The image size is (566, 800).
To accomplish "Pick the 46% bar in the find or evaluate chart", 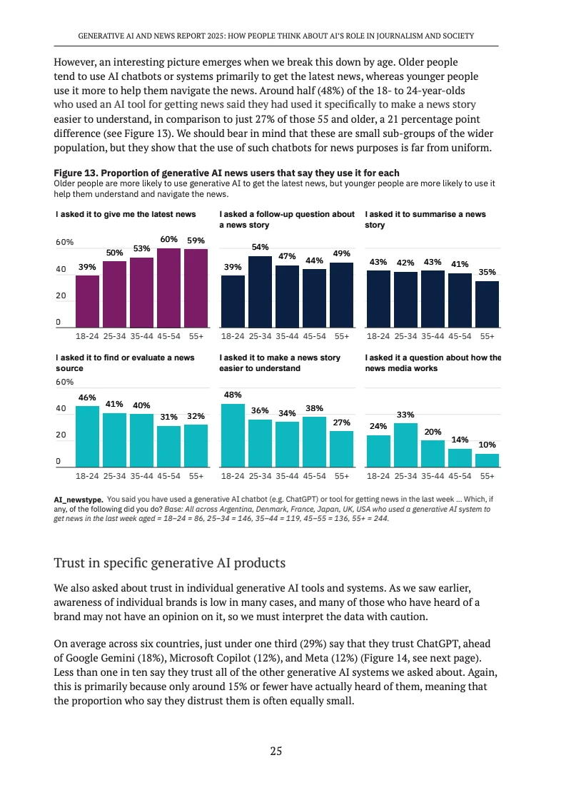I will [87, 436].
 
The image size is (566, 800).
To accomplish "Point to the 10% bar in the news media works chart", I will [487, 460].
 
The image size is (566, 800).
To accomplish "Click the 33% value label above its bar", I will [406, 414].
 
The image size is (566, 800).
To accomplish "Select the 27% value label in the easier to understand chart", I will [342, 422].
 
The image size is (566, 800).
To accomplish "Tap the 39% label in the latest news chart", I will [87, 266].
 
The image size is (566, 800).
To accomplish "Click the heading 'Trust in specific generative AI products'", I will [170, 563].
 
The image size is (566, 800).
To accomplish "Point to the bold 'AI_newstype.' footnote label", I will [79, 500].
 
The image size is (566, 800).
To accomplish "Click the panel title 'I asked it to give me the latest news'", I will [126, 214].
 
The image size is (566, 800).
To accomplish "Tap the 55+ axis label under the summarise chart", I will [487, 335].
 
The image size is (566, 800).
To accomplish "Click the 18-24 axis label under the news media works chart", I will [378, 475].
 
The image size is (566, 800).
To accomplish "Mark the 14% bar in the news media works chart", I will [460, 457].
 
